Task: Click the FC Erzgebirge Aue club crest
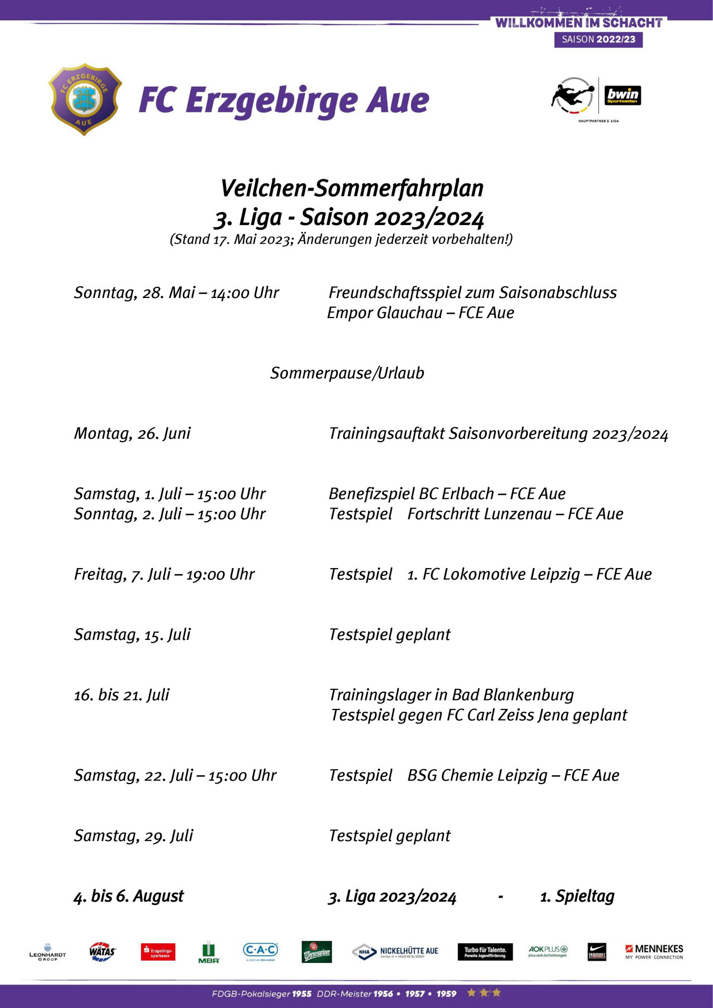pos(85,99)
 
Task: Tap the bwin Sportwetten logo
pos(623,95)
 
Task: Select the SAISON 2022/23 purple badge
pos(598,40)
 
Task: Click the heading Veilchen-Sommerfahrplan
pos(351,188)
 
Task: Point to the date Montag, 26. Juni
pos(132,433)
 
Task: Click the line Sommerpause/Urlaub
pos(347,373)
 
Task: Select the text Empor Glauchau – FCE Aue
pos(421,313)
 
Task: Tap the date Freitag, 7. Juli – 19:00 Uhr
pos(164,574)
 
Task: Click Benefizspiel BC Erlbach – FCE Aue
pos(447,494)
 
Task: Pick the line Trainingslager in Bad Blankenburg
pos(451,695)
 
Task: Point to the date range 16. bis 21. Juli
pos(121,695)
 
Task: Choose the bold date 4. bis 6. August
pos(129,896)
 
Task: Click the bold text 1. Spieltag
pos(577,896)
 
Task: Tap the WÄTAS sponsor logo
pos(102,952)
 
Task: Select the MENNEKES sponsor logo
pos(654,951)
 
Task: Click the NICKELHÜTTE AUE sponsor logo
pos(395,952)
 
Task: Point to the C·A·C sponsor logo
pos(260,951)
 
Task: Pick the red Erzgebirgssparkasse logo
pos(158,952)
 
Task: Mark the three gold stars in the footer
pos(484,993)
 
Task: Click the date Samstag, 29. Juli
pos(134,836)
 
